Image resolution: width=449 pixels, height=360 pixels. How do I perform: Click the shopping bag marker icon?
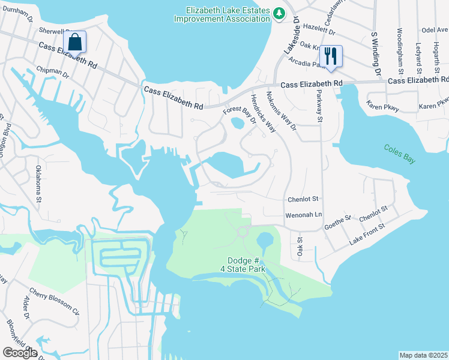pos(75,43)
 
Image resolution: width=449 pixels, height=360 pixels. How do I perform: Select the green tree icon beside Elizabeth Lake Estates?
pos(279,13)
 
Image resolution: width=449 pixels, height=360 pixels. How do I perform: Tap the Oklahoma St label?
pos(38,184)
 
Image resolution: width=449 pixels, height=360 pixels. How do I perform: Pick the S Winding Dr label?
pos(376,55)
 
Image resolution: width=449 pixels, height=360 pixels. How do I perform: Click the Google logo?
pos(20,353)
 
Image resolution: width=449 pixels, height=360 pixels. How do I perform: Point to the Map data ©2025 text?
pos(424,355)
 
